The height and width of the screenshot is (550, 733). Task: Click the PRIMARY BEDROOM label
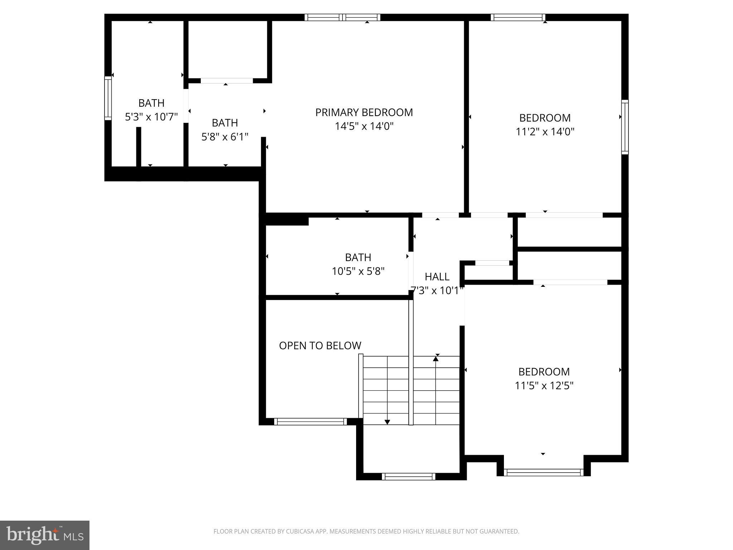click(x=364, y=112)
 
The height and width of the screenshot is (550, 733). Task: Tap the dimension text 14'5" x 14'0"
click(x=364, y=126)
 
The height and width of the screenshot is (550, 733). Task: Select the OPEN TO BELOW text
click(x=320, y=346)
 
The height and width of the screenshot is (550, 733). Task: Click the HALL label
click(x=437, y=277)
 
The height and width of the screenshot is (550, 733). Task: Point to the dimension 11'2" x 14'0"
click(x=545, y=132)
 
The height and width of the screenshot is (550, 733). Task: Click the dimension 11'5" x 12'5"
click(x=544, y=386)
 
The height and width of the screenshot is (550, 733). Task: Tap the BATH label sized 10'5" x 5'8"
click(x=358, y=257)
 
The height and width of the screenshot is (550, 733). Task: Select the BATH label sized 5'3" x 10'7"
click(x=151, y=103)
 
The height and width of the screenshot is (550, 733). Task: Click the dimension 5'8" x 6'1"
click(x=225, y=137)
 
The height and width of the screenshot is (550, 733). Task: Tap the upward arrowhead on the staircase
click(x=436, y=358)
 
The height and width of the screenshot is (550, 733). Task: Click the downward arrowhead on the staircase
click(x=387, y=422)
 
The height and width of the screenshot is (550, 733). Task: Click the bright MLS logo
click(x=45, y=535)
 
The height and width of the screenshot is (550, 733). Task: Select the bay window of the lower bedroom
click(x=544, y=473)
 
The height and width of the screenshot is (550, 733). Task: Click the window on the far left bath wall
click(x=108, y=98)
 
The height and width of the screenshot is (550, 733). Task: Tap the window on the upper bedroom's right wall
click(x=625, y=127)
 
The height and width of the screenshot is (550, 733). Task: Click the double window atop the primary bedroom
click(x=343, y=17)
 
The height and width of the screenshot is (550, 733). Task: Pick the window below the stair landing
click(x=408, y=477)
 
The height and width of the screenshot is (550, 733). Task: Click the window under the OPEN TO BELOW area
click(x=310, y=422)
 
